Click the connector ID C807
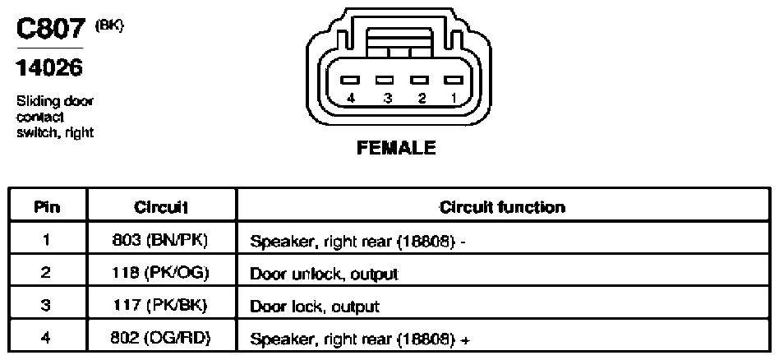pyautogui.click(x=52, y=30)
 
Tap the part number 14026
pyautogui.click(x=49, y=67)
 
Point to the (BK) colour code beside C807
pyautogui.click(x=108, y=25)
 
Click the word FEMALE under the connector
pyautogui.click(x=396, y=148)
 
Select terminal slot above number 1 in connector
pyautogui.click(x=453, y=80)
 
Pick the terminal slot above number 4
pyautogui.click(x=350, y=80)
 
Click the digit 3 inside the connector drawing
pyautogui.click(x=388, y=98)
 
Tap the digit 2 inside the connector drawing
pyautogui.click(x=422, y=98)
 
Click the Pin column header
pyautogui.click(x=47, y=207)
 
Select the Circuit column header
pyautogui.click(x=161, y=207)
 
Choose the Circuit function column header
pyautogui.click(x=502, y=207)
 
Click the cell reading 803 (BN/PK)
pyautogui.click(x=159, y=241)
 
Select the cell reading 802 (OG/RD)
pyautogui.click(x=160, y=339)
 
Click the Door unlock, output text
pyautogui.click(x=324, y=275)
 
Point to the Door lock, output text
pyautogui.click(x=315, y=307)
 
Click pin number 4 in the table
pyautogui.click(x=46, y=339)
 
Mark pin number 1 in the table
pyautogui.click(x=46, y=241)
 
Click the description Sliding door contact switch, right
pyautogui.click(x=55, y=118)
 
